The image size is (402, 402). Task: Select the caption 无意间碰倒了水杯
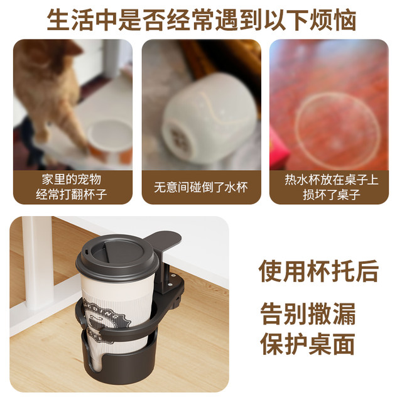(x=201, y=187)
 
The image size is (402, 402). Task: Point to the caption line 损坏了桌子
(x=332, y=195)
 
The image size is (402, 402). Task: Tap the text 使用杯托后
(x=318, y=271)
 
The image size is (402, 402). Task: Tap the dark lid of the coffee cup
(x=117, y=258)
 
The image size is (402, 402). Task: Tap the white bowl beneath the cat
(x=110, y=135)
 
